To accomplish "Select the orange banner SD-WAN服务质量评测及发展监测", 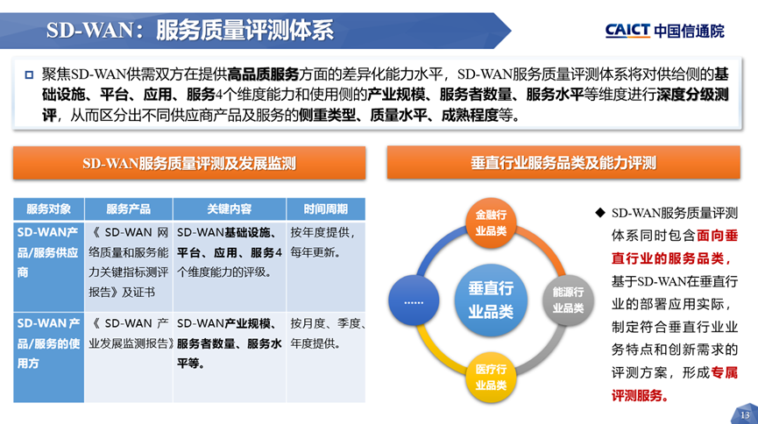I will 189,163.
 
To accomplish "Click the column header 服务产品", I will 128,208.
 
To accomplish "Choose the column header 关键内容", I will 229,208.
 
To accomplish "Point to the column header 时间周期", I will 325,208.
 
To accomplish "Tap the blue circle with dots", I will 413,300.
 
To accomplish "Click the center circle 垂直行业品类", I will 491,300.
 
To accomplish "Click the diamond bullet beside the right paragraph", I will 599,213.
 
